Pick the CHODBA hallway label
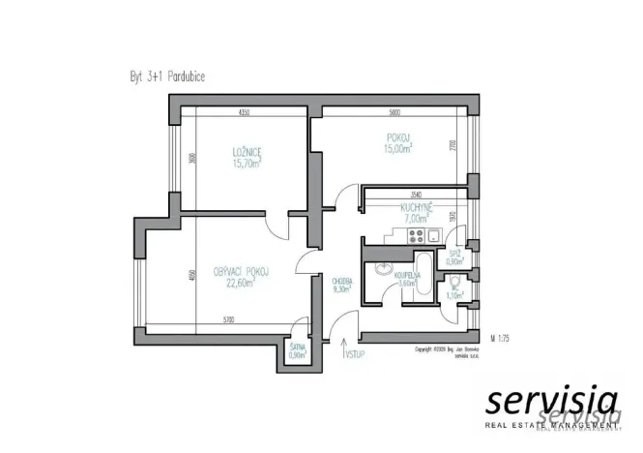(x=341, y=286)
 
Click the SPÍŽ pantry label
(x=453, y=256)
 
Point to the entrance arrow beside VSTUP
(x=343, y=347)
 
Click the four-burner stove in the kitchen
(x=418, y=236)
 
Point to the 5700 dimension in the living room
(x=227, y=319)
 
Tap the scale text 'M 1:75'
(x=501, y=339)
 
